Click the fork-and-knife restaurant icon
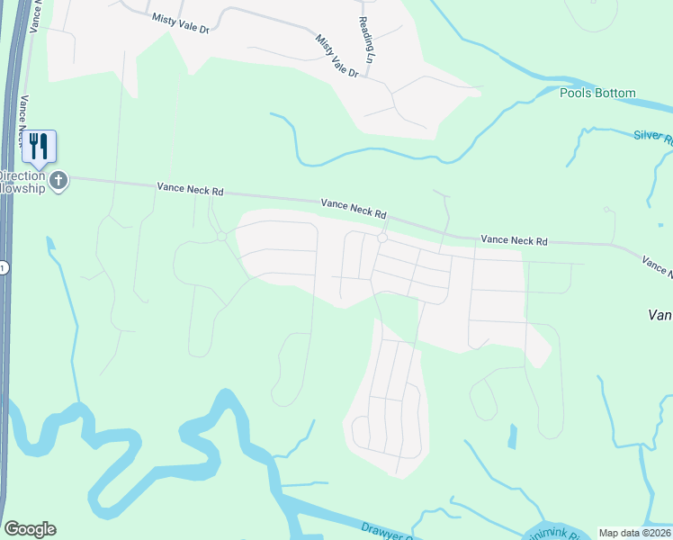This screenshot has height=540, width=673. tap(39, 145)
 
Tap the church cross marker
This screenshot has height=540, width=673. tap(59, 180)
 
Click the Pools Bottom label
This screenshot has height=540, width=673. tap(597, 93)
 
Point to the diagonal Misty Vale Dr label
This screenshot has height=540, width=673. tap(337, 56)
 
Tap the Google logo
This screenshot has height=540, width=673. tap(30, 529)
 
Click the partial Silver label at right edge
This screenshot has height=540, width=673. tap(653, 135)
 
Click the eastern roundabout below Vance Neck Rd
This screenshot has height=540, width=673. tap(381, 238)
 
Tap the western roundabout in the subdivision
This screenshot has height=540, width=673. tap(221, 237)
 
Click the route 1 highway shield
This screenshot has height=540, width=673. tap(3, 267)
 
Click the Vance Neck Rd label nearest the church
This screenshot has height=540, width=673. tap(190, 189)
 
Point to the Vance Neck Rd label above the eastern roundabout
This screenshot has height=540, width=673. tap(354, 210)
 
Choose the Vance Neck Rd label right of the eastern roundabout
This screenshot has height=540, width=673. tap(514, 240)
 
